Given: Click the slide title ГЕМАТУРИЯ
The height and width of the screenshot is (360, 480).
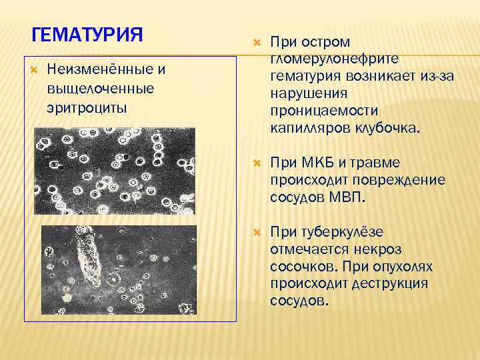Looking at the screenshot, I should click(x=87, y=34).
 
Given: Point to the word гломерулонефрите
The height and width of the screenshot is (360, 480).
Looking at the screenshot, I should click(x=331, y=59).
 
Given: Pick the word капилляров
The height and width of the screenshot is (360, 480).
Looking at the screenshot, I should click(x=309, y=127).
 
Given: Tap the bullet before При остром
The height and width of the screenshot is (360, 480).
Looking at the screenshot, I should click(x=257, y=43).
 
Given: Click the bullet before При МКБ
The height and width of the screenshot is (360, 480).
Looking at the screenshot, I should click(x=257, y=163).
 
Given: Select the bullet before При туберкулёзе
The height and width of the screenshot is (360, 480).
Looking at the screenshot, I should click(x=257, y=232).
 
